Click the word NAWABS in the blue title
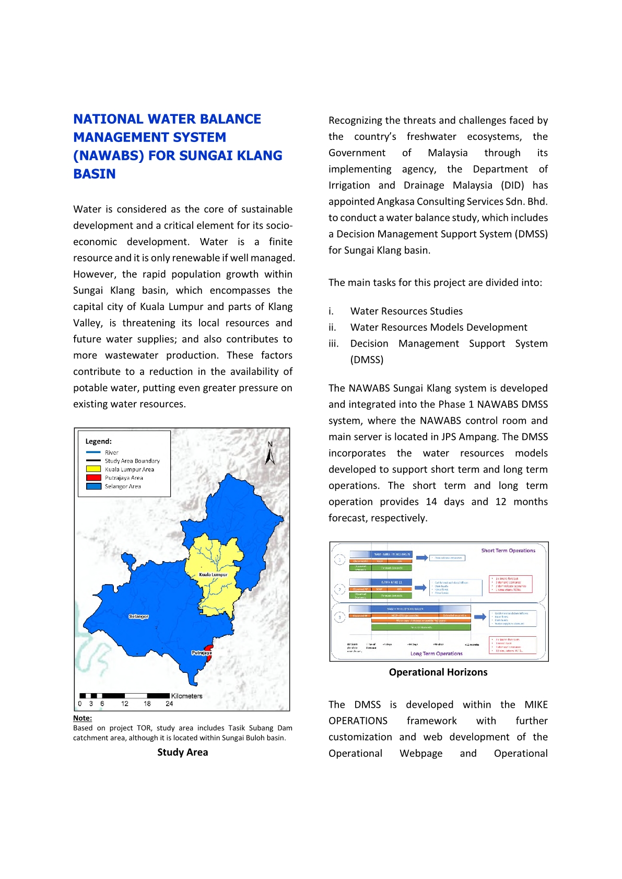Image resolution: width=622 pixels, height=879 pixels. tap(109, 156)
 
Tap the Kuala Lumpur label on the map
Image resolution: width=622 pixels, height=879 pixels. tap(213, 575)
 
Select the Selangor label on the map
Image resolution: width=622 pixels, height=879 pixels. tap(138, 616)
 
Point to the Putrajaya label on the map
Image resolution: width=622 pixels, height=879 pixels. tap(202, 653)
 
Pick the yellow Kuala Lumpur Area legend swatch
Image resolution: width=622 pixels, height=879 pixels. tap(93, 469)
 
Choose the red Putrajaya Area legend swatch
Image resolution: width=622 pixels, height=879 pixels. tap(93, 478)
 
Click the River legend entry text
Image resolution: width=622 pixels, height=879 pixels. tap(112, 453)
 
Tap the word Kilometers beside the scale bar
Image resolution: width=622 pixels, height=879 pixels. tap(186, 696)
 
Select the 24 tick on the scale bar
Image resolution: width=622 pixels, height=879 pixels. tap(169, 704)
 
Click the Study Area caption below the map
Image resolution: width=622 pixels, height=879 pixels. tap(182, 752)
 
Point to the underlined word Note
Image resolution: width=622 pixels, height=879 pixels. tap(82, 718)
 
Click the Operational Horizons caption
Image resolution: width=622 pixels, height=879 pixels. tap(438, 672)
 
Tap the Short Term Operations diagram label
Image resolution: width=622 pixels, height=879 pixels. tap(508, 551)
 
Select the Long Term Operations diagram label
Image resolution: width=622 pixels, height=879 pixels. tap(436, 654)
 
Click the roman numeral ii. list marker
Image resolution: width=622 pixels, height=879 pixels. tap(332, 327)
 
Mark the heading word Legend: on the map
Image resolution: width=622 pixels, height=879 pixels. tap(99, 441)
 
